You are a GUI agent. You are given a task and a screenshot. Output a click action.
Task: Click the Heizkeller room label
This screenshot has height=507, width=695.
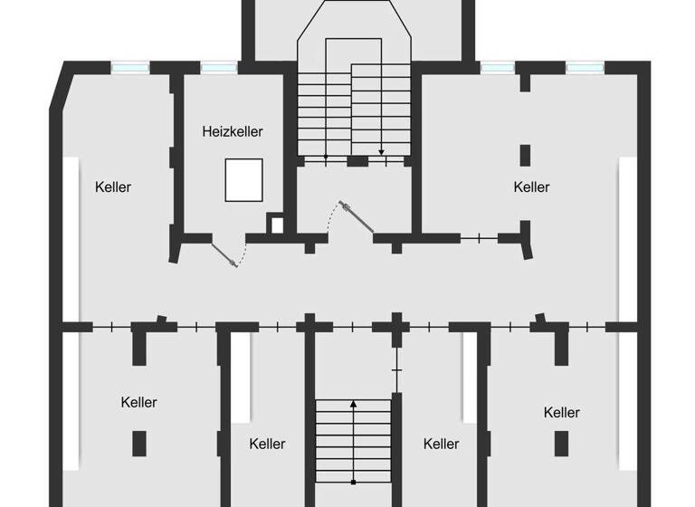233,132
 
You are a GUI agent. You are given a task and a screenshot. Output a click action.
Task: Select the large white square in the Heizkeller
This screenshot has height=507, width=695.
244,179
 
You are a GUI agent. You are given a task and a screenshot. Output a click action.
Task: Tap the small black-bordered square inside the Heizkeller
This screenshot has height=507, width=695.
275,223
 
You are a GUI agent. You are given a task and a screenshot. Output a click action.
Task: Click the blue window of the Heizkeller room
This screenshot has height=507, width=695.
218,67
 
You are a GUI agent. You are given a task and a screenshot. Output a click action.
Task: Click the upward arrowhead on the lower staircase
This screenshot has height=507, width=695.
354,403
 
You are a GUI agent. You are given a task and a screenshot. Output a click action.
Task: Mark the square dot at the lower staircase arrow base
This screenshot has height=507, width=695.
354,481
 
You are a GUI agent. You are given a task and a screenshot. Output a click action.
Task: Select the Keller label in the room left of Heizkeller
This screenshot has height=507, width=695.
113,187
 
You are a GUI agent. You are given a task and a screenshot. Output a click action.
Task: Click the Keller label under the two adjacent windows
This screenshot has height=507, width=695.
531,187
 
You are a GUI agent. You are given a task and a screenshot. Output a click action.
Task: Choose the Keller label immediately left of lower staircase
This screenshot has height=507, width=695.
267,444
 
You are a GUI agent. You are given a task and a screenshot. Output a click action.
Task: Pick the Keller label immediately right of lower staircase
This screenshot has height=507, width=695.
441,444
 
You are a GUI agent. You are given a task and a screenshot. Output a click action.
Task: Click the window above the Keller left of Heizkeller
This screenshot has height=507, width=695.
129,67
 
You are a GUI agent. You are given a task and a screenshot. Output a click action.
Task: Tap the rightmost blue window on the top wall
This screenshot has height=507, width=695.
585,67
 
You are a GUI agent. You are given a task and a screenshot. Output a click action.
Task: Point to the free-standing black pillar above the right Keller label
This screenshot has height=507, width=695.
524,154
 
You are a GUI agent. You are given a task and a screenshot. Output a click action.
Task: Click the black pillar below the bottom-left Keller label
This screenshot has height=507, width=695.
138,443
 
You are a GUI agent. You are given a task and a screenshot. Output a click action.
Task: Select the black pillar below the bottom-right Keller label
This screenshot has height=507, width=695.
561,443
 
